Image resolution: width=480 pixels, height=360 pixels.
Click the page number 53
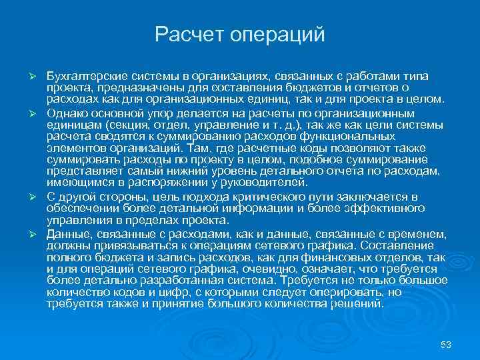pos(447,345)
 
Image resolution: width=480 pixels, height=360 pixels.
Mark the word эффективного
pos(387,208)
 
